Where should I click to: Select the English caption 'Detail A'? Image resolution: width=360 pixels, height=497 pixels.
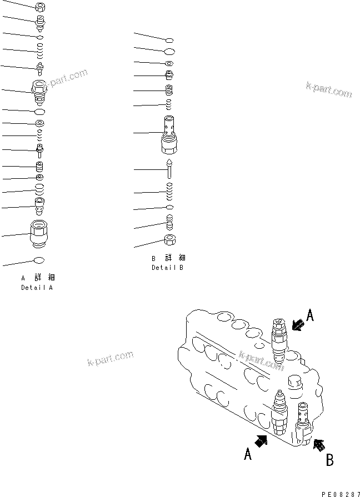(37, 288)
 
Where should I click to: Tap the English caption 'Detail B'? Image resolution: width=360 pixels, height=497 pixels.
(167, 268)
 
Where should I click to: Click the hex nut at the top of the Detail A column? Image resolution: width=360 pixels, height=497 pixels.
(40, 7)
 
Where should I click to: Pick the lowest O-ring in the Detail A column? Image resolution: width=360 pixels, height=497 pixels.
(39, 260)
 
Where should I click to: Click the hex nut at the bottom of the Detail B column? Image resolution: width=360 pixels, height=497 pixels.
(170, 240)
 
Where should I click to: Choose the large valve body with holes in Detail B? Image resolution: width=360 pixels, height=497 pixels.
(170, 136)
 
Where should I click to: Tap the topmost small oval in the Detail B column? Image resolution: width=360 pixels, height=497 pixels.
(170, 39)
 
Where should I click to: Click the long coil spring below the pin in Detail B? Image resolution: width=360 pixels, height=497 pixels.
(170, 192)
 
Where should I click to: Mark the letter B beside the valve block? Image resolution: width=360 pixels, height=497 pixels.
(329, 460)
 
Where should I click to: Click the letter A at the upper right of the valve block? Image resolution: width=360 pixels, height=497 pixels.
(310, 317)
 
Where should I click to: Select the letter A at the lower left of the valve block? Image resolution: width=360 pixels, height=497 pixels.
(248, 455)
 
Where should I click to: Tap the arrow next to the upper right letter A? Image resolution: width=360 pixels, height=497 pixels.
(297, 324)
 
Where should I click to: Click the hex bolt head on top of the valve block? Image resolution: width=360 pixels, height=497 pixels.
(295, 381)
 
